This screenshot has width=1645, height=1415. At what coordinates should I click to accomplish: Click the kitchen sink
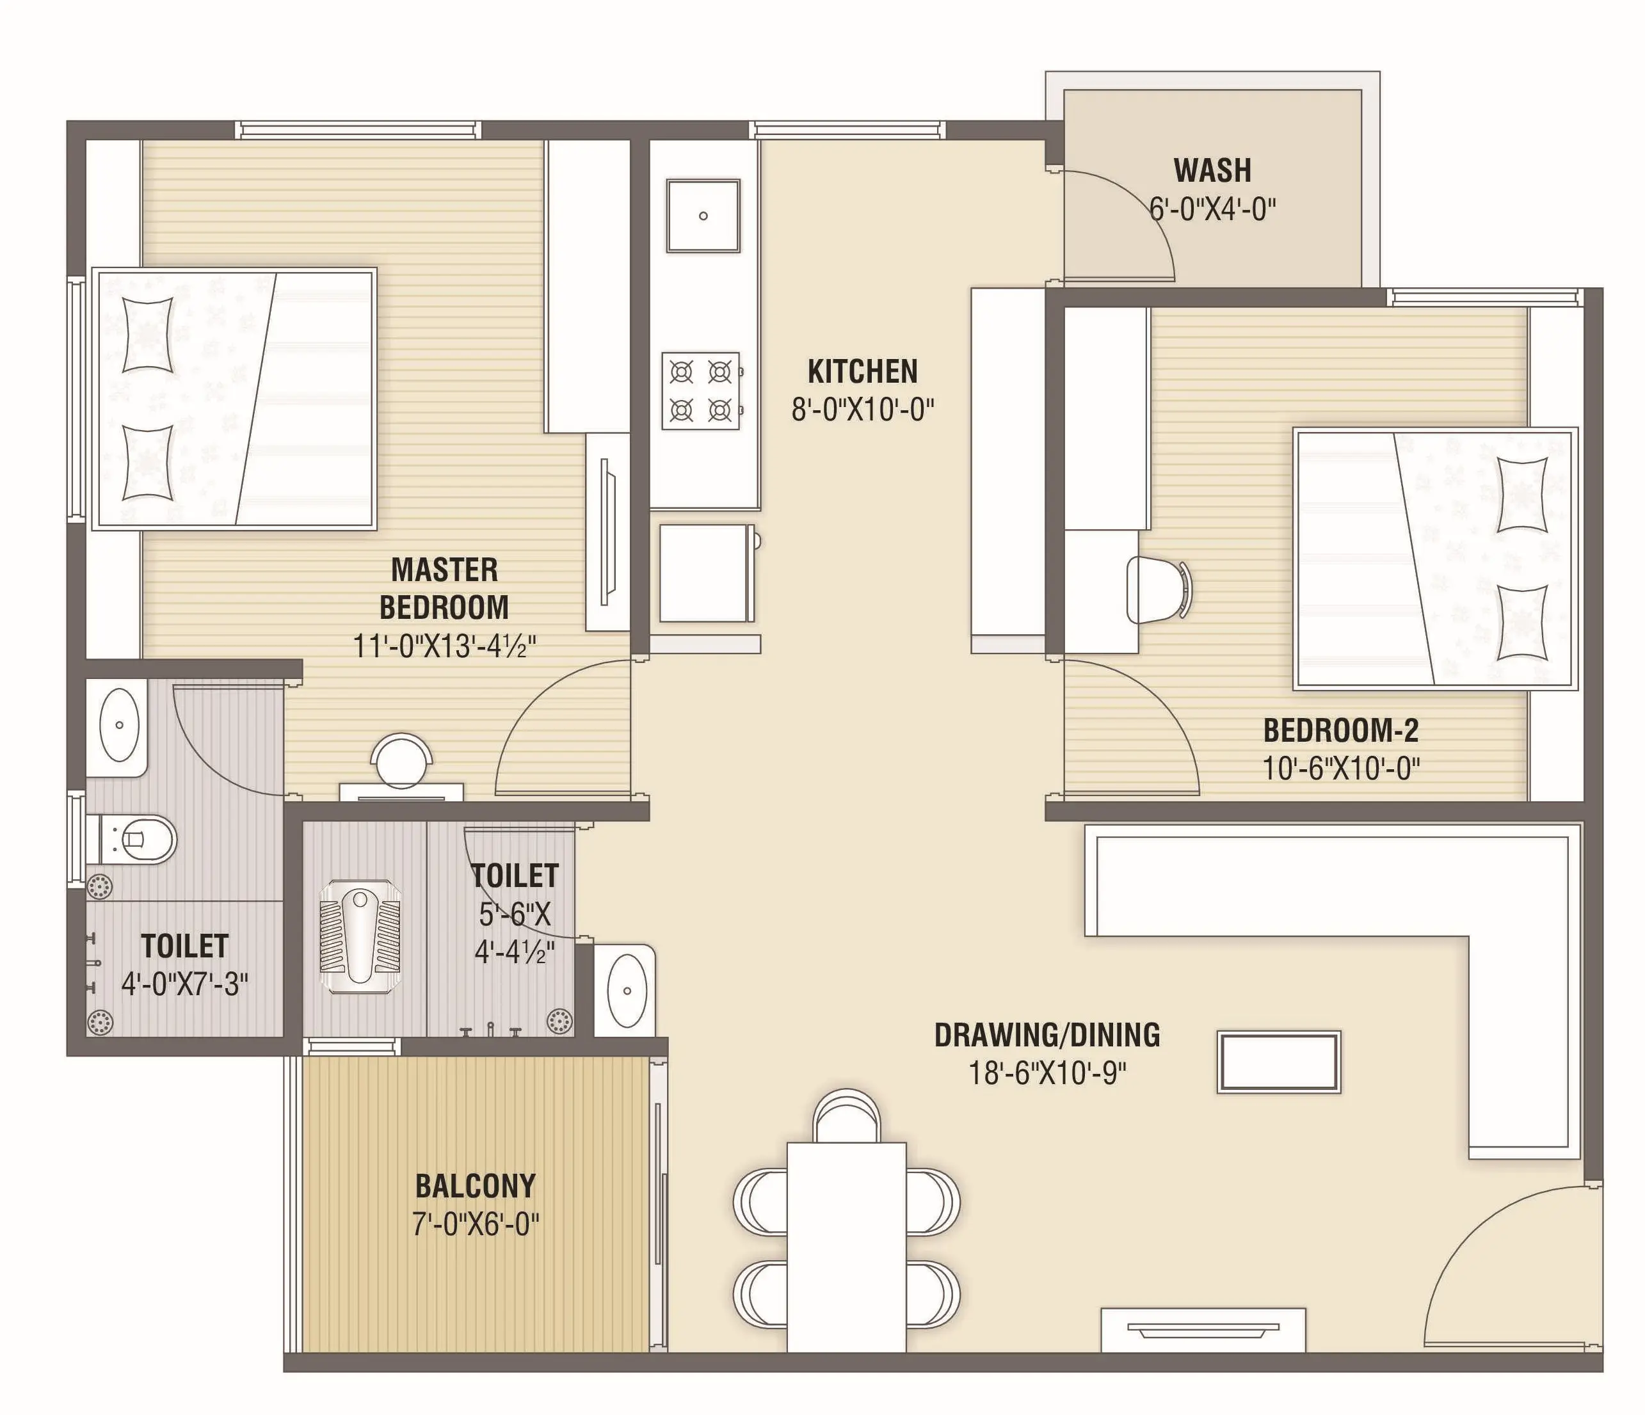(703, 215)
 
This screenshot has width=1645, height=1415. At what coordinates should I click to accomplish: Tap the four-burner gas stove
(702, 391)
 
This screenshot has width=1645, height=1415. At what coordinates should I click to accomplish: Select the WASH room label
(1212, 171)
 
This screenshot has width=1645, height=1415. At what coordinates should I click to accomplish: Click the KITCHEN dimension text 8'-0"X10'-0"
(863, 410)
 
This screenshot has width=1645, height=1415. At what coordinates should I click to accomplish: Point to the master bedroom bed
(234, 399)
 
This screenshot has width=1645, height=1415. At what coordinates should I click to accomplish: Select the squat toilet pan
(360, 936)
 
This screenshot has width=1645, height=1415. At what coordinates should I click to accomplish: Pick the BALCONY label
(476, 1186)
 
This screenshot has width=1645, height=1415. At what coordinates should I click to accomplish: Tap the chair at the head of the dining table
(846, 1116)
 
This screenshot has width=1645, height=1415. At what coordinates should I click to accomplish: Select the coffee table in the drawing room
(1279, 1062)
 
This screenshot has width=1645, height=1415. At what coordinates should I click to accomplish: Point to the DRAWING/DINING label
(1047, 1035)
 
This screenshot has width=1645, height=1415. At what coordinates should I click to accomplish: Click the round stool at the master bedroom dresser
(402, 760)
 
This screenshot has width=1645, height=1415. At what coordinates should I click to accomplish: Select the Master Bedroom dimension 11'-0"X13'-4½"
(445, 646)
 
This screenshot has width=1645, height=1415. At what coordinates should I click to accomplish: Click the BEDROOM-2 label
(1341, 730)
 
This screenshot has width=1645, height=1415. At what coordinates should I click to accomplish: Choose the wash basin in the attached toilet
(118, 724)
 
